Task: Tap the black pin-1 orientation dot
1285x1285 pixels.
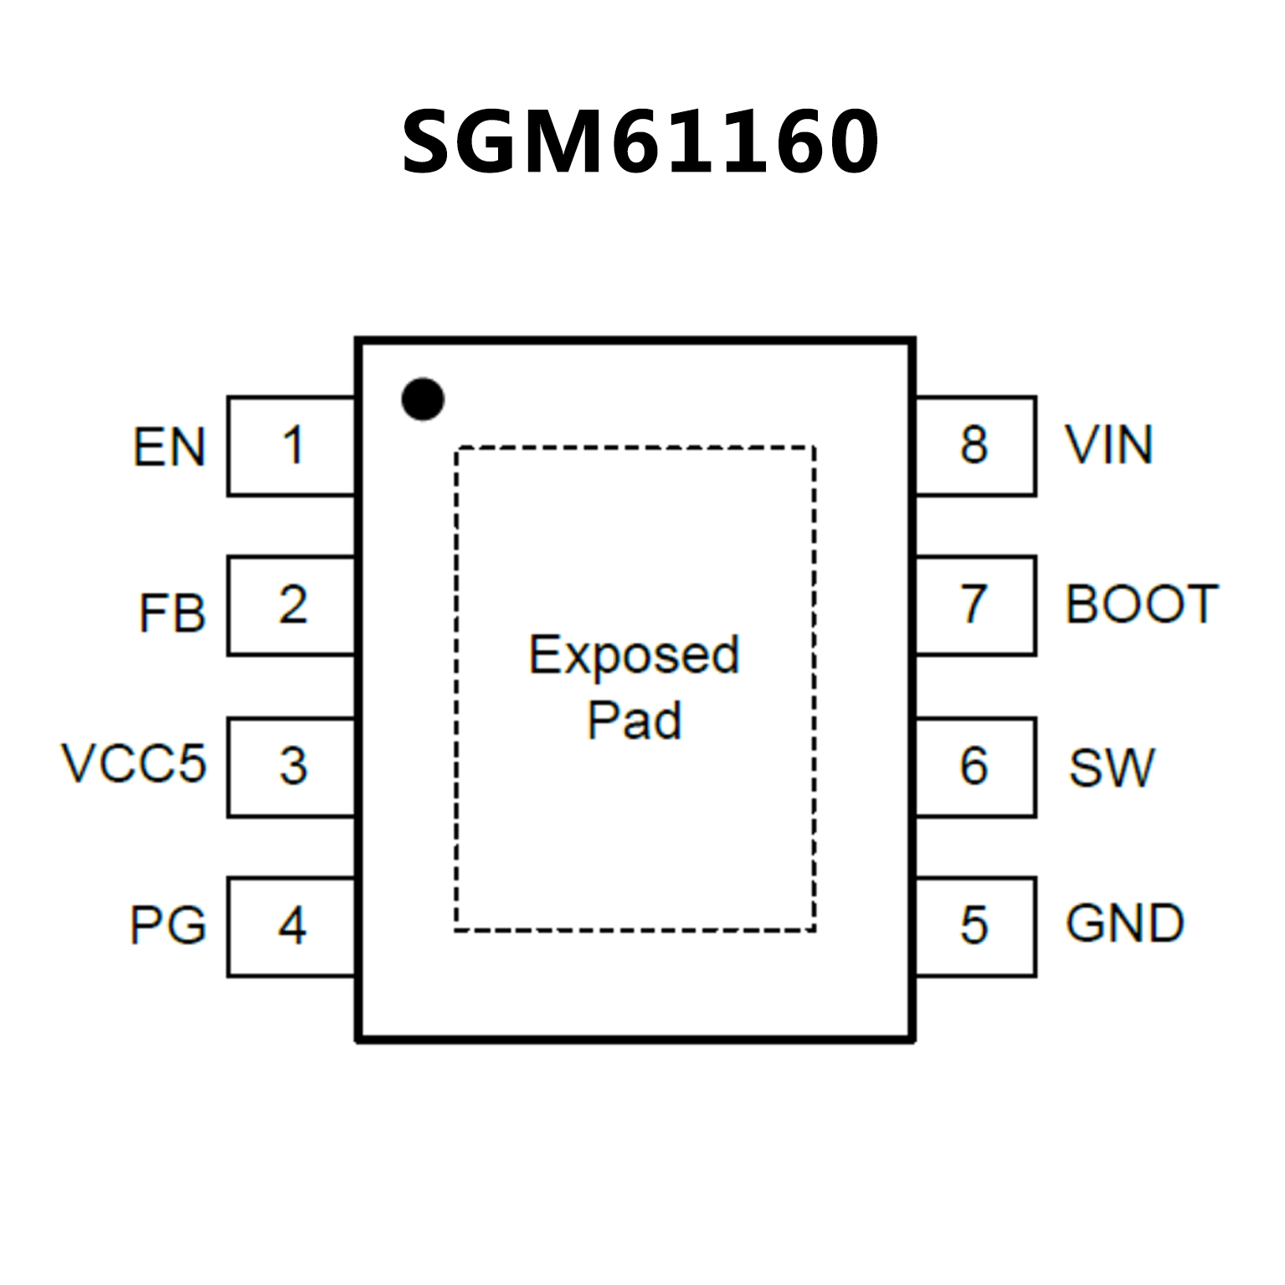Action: [423, 398]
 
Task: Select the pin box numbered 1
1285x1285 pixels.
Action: [291, 445]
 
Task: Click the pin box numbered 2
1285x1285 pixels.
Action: [291, 605]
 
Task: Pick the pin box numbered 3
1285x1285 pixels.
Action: [291, 766]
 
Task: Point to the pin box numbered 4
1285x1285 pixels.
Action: [291, 926]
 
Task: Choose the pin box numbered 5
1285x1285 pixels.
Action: [975, 926]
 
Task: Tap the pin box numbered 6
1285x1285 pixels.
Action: [975, 766]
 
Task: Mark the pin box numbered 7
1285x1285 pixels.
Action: [975, 605]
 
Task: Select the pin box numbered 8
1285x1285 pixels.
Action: [975, 445]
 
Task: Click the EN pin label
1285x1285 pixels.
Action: [169, 447]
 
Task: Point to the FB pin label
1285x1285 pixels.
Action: [172, 613]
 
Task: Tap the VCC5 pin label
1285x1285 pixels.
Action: [134, 763]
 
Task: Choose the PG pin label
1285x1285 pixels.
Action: [167, 926]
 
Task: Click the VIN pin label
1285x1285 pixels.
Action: [1108, 445]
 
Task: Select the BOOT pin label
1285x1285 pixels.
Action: [1141, 604]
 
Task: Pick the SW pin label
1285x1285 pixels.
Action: [1111, 768]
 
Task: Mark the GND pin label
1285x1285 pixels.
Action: [1124, 924]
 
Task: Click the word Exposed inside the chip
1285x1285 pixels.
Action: [634, 655]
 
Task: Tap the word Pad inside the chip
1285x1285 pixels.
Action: [634, 720]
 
